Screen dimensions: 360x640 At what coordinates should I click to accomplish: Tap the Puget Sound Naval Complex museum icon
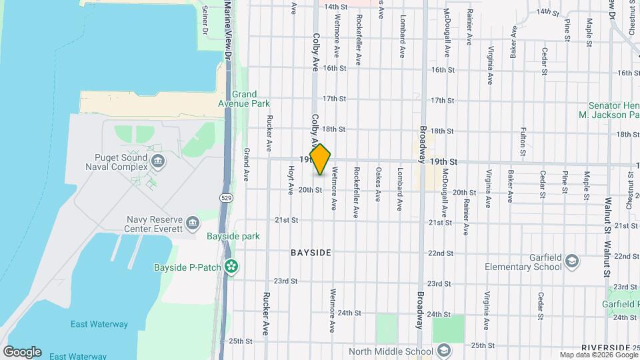tap(158, 160)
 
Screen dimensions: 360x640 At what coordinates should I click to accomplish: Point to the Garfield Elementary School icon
tap(571, 262)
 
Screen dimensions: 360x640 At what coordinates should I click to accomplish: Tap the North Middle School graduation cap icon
tap(444, 351)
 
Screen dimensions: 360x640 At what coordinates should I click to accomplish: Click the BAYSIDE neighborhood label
tap(311, 253)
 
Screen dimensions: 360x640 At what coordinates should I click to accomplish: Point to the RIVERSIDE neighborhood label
tap(605, 348)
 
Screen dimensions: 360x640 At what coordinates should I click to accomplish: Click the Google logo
tap(22, 351)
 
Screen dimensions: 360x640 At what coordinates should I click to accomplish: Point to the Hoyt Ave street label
tap(291, 181)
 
